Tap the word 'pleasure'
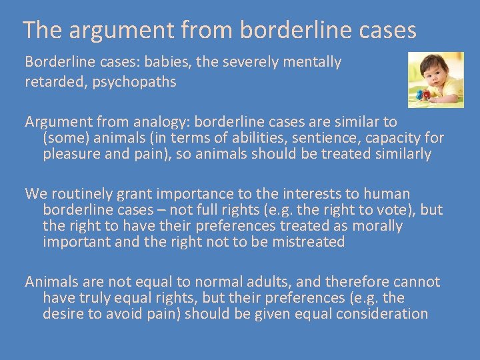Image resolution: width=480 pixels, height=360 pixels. [x=72, y=155]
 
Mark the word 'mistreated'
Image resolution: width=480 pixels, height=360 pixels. [x=307, y=242]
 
